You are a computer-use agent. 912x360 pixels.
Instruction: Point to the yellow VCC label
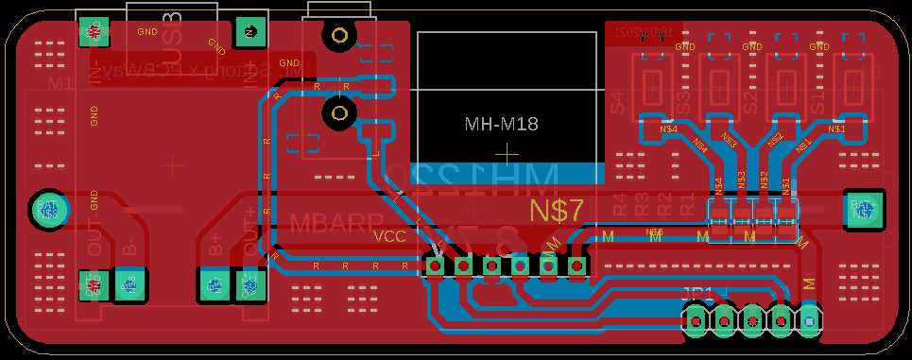[x=390, y=236]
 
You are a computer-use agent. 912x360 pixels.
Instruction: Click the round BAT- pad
[x=47, y=208]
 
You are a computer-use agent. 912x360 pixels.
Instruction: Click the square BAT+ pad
[x=863, y=209]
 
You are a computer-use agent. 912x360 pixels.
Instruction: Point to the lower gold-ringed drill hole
[x=337, y=114]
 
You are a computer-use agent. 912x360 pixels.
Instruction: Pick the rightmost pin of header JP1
[x=809, y=322]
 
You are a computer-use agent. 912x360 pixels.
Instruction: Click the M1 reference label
[x=60, y=84]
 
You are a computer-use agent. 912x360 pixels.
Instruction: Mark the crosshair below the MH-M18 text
[x=508, y=152]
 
